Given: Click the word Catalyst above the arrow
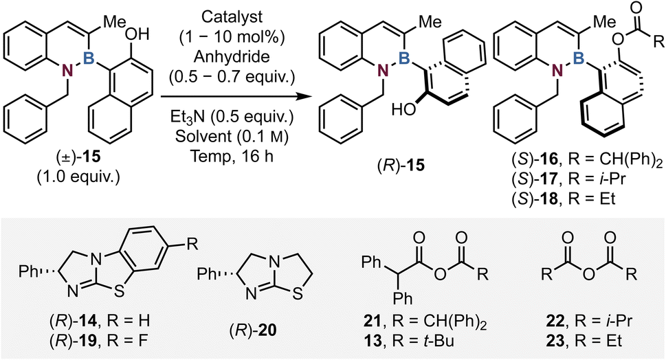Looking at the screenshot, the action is coord(232,17).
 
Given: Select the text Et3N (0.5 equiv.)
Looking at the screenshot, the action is coord(232,117).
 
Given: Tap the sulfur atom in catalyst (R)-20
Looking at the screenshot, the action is coord(298,294).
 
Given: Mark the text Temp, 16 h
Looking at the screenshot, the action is coord(232,157).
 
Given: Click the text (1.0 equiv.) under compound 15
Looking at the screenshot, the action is coord(78,176).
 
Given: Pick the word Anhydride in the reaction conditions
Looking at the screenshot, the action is coord(232,57).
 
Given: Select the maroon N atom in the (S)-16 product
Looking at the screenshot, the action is coord(554,71).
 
